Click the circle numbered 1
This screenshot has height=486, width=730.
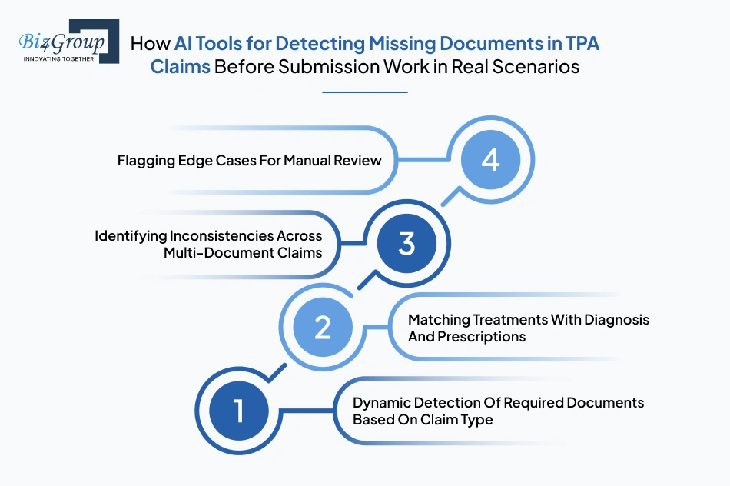[238, 411]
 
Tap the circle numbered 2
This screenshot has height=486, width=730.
[323, 328]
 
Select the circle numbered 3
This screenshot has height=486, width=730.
[406, 244]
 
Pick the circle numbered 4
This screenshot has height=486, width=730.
[490, 161]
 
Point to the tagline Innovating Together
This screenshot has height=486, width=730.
[59, 58]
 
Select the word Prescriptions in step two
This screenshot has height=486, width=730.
[482, 336]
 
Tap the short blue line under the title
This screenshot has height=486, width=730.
[365, 92]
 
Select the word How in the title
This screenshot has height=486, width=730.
[149, 43]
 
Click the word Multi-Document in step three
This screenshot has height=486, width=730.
[212, 252]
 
